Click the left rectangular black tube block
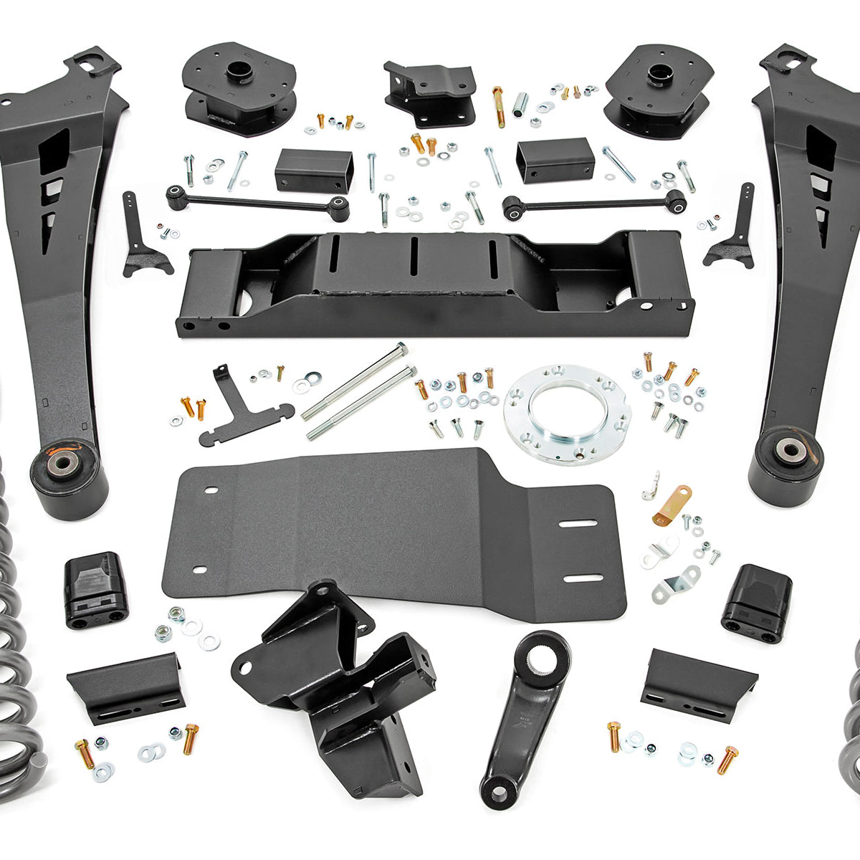(314, 171)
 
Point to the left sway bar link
(258, 202)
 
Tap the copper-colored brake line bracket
(672, 505)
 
